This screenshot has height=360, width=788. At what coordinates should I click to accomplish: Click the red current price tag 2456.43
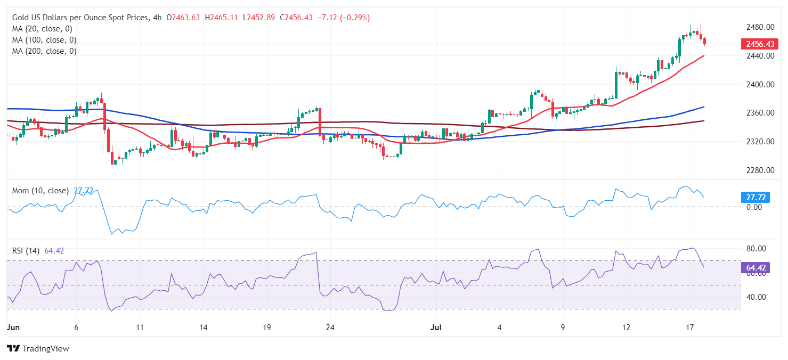click(x=758, y=44)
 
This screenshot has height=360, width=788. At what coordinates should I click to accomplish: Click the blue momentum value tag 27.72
click(x=755, y=198)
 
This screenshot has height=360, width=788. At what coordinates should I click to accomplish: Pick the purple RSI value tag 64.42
click(x=755, y=268)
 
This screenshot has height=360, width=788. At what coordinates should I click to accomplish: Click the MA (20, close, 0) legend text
click(x=42, y=29)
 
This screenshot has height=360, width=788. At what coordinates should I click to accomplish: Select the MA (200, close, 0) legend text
click(x=44, y=51)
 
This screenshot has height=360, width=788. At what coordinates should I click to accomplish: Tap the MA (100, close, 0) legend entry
click(x=44, y=40)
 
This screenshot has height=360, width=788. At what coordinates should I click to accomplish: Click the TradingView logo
click(x=38, y=349)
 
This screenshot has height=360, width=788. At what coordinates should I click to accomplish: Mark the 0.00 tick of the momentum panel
click(x=754, y=207)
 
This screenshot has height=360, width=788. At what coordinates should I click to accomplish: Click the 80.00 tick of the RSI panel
click(x=755, y=249)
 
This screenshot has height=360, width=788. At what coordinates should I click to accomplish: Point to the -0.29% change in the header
click(x=359, y=18)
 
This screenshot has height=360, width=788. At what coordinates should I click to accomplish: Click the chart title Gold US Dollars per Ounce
click(x=80, y=18)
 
